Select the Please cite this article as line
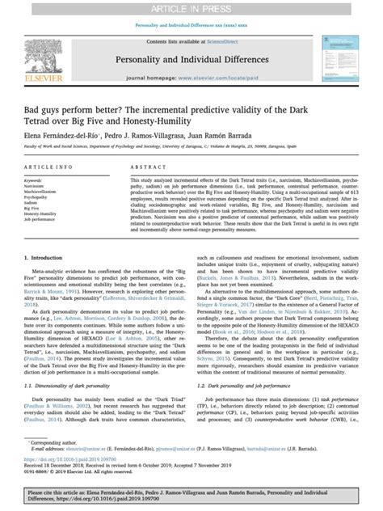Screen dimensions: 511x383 click(191, 492)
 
